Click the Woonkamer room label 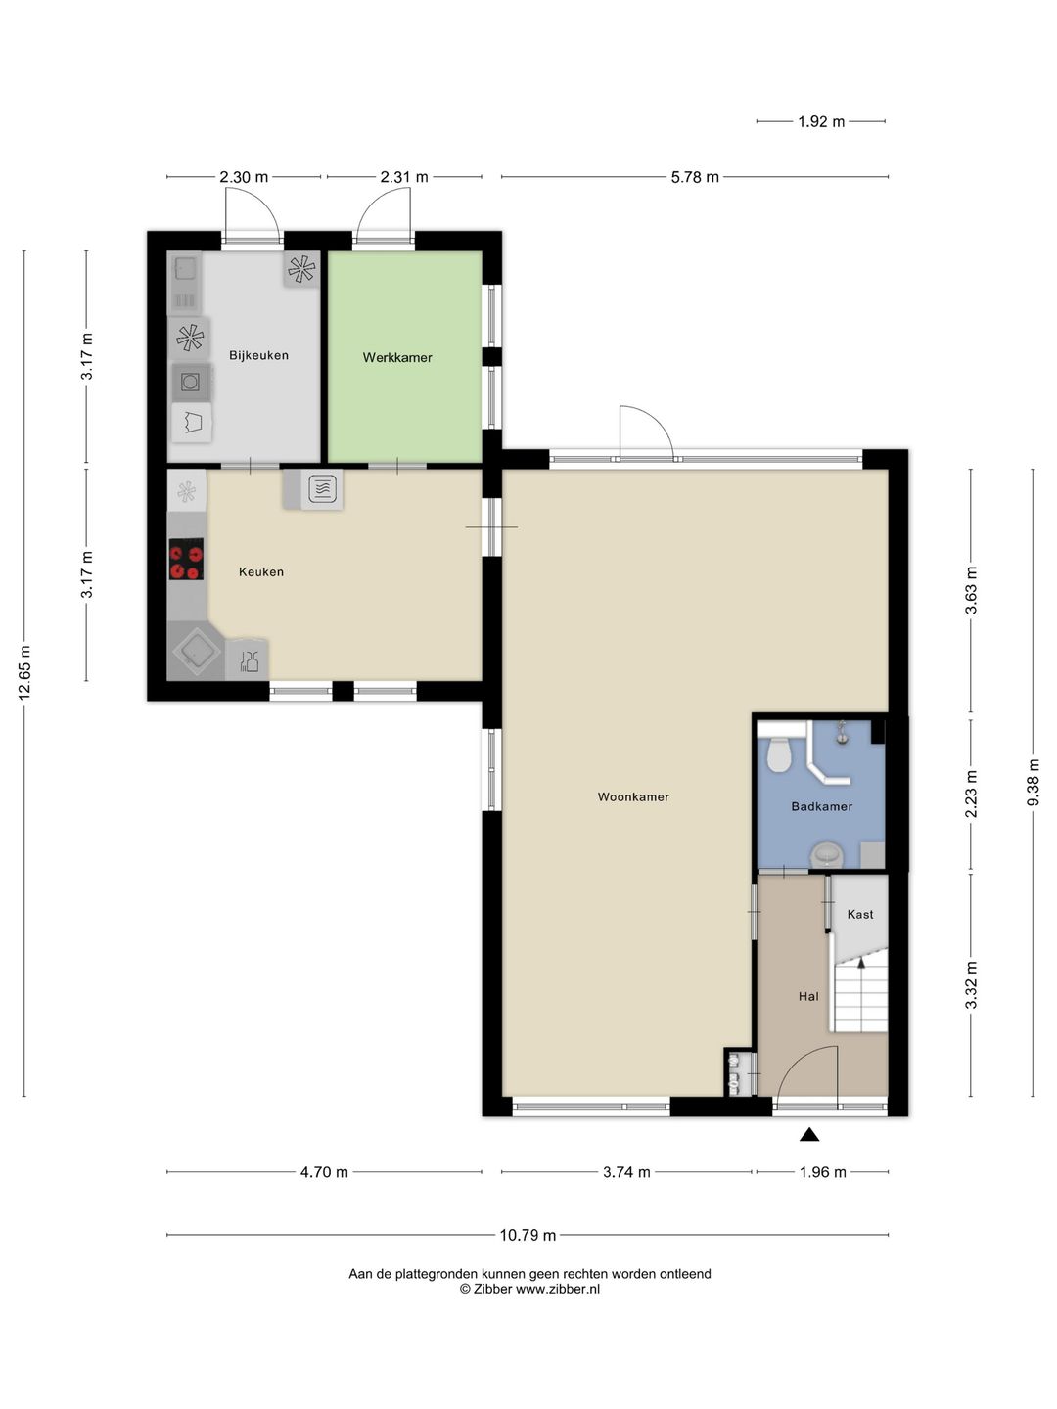click(x=633, y=796)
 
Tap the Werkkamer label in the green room click(x=397, y=357)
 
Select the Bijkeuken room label click(x=258, y=355)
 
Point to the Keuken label click(x=261, y=572)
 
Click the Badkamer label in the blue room click(x=821, y=807)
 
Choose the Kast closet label click(x=860, y=914)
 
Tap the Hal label click(x=808, y=997)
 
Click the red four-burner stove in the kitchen click(x=186, y=559)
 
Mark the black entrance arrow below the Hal click(x=810, y=1136)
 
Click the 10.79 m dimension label click(x=528, y=1235)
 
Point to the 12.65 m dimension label click(x=24, y=672)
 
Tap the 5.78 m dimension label click(x=695, y=177)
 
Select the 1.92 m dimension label click(x=821, y=122)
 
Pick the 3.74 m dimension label click(x=626, y=1173)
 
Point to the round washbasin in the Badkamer click(x=828, y=855)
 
